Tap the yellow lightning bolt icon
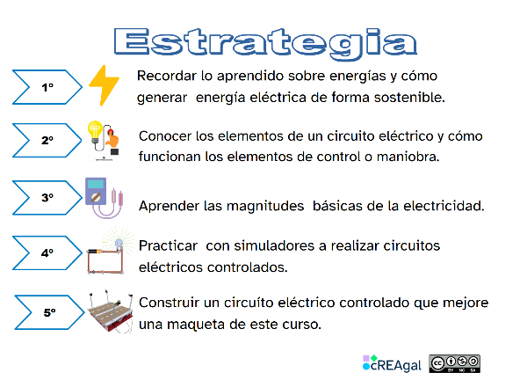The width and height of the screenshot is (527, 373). pyautogui.click(x=104, y=85)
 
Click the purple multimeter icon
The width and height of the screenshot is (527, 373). pyautogui.click(x=104, y=197)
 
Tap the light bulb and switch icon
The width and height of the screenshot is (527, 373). pyautogui.click(x=104, y=141)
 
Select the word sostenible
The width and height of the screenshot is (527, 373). pyautogui.click(x=410, y=98)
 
